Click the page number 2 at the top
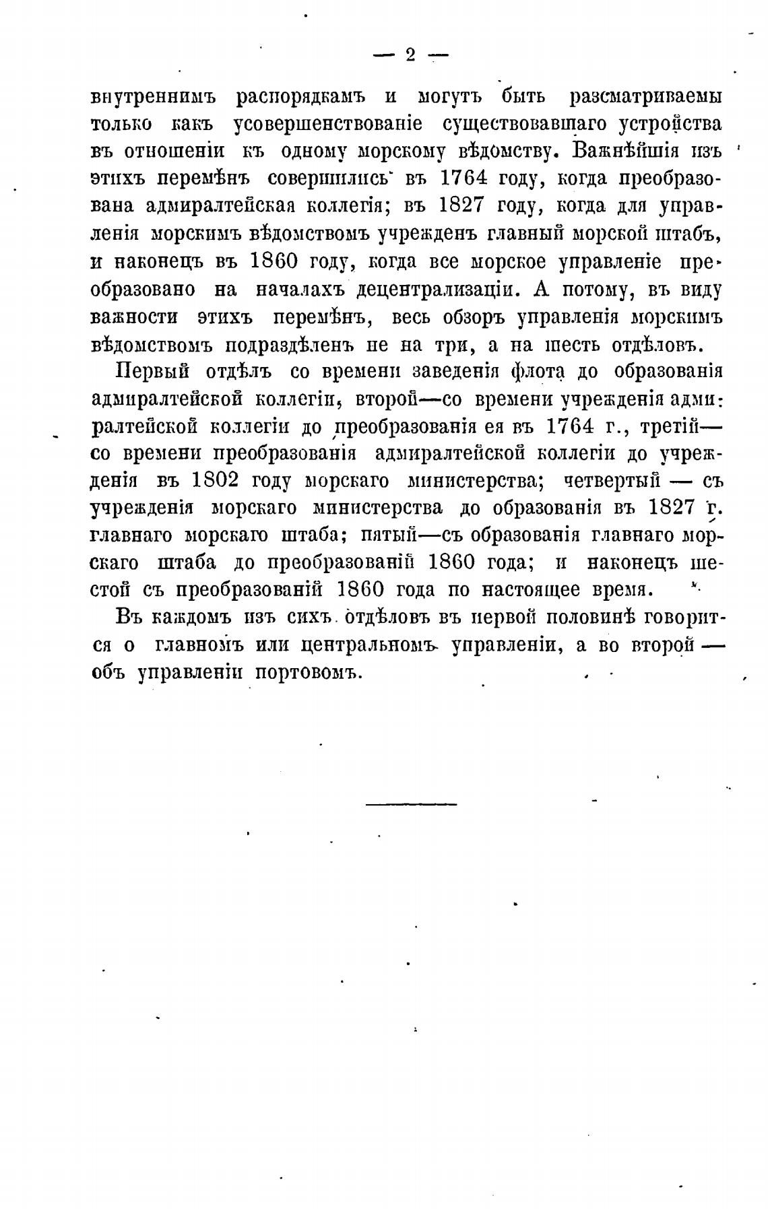[410, 56]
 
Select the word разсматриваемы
[645, 97]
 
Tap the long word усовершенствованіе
[327, 125]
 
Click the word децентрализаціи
[438, 290]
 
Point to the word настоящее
[531, 591]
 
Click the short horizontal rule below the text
[411, 804]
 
